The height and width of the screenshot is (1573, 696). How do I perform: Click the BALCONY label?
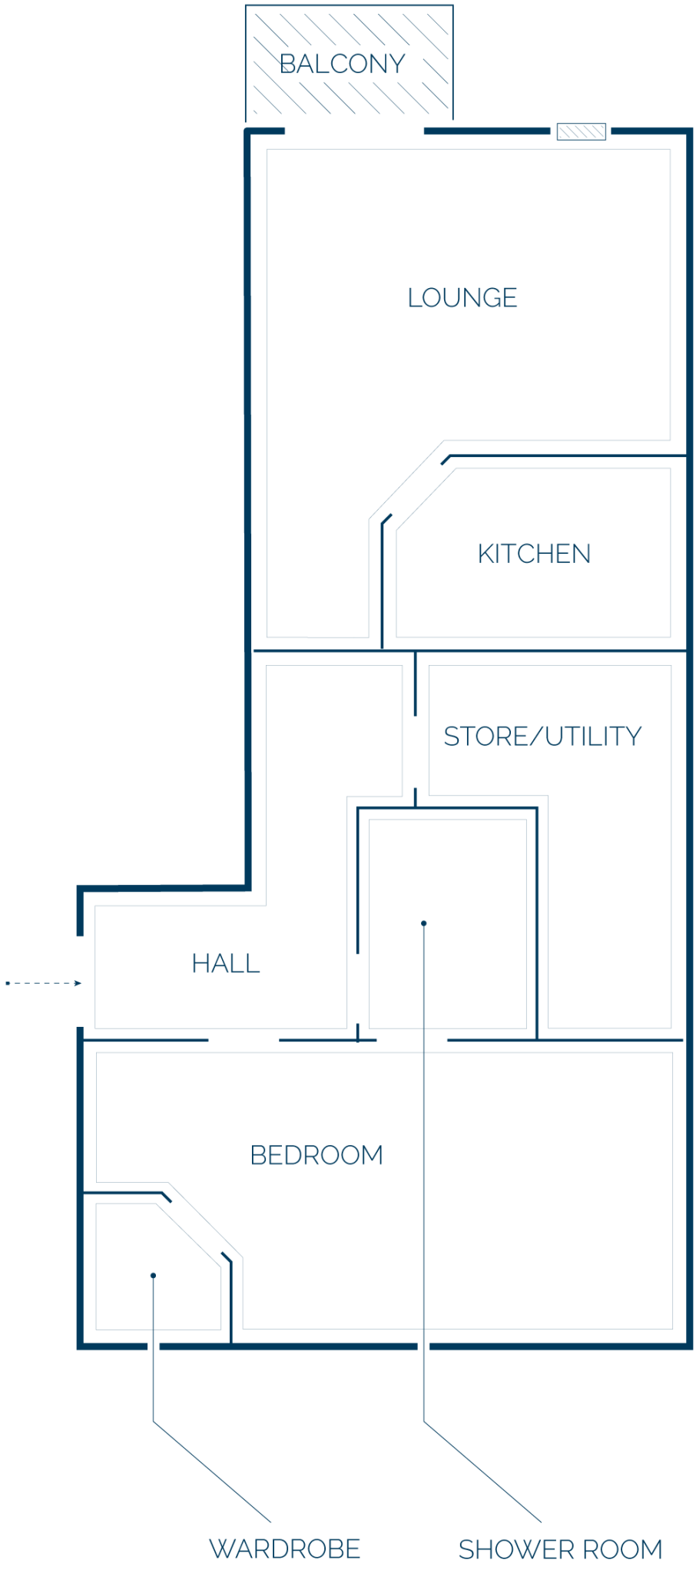point(343,64)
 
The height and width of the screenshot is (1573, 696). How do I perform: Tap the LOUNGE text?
point(462,298)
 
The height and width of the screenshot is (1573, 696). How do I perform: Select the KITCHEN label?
point(535,554)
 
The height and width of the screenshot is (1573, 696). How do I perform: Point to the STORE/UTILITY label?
point(542,737)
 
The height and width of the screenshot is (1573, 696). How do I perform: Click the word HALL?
point(226,963)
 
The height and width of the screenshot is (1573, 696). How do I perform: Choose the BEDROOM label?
point(317,1155)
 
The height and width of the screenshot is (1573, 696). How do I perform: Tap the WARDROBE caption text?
point(285,1549)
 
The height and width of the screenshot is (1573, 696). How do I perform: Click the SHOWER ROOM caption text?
point(561,1550)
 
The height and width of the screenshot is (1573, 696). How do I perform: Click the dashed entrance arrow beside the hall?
point(44,983)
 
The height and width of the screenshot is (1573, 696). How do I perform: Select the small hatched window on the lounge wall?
point(582,131)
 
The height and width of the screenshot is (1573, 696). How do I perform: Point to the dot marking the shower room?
point(423,923)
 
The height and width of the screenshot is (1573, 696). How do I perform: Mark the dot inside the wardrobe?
point(154,1276)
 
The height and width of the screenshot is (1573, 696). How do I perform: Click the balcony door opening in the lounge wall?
point(354,131)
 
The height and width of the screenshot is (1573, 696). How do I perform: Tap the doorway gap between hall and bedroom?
point(244,1041)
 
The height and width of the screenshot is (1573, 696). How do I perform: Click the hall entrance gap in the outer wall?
point(80,982)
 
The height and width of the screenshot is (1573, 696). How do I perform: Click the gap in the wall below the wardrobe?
point(154,1346)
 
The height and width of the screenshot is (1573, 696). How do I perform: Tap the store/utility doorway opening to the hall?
point(416,753)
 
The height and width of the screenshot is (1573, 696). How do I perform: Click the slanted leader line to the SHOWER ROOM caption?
point(482,1472)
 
